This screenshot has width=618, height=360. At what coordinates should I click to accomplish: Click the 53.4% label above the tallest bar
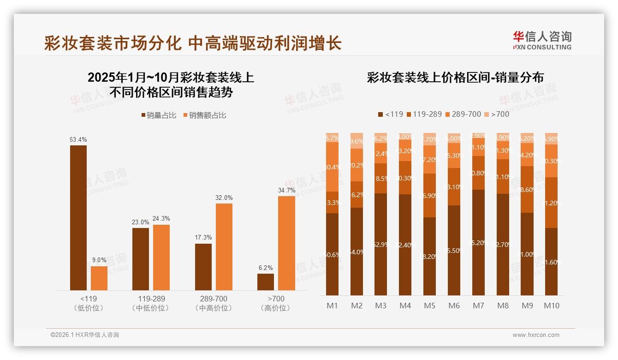[x=78, y=139]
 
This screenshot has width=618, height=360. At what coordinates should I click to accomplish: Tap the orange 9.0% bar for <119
[x=99, y=278]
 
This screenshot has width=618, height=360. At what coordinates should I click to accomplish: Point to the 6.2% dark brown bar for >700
[x=266, y=282]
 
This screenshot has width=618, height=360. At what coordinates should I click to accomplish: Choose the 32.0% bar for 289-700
[x=224, y=247]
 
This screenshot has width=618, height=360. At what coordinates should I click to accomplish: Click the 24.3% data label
[x=161, y=219]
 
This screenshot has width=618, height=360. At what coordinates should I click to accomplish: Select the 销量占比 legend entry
[x=158, y=115]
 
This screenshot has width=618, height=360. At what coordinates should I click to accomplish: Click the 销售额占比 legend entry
[x=204, y=115]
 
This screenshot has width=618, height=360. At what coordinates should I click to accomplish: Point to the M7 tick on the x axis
[x=478, y=306]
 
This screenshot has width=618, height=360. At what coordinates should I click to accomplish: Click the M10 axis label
[x=551, y=306]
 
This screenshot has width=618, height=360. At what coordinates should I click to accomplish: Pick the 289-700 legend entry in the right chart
[x=464, y=114]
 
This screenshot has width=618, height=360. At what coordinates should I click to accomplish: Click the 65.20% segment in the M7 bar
[x=478, y=242]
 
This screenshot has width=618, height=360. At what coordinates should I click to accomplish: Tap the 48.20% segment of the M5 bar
[x=429, y=256]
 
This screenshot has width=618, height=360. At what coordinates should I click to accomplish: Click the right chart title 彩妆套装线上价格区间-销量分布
[x=455, y=78]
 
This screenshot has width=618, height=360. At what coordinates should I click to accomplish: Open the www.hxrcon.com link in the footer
[x=536, y=335]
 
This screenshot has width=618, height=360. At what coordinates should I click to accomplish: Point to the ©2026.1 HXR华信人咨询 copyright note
[x=85, y=335]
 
